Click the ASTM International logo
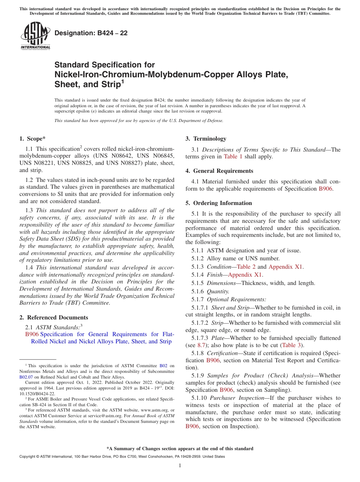[x=35, y=36]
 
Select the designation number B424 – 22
[x=91, y=33]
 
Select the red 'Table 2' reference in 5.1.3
[x=246, y=267]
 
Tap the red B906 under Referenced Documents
[x=32, y=334]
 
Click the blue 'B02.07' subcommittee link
[x=26, y=377]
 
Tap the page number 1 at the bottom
[x=180, y=466]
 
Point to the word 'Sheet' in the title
[x=68, y=84]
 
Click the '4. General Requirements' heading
[x=219, y=171]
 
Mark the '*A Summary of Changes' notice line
[x=180, y=449]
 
